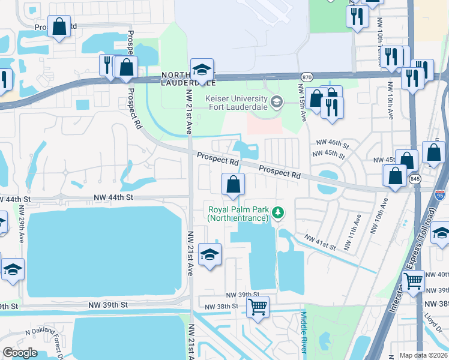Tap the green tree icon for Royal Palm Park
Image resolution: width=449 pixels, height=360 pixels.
click(x=277, y=212)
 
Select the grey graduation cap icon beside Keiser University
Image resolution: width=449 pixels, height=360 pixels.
click(x=276, y=100)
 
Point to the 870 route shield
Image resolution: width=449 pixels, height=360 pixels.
click(x=307, y=77)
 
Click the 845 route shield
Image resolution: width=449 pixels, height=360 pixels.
click(x=415, y=179)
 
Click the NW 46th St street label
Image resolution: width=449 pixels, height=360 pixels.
click(x=333, y=144)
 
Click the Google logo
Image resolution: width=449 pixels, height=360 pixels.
click(x=20, y=352)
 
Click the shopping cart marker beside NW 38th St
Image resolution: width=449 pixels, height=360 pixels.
click(x=258, y=307)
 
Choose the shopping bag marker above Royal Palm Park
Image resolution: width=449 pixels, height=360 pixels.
click(x=233, y=184)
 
